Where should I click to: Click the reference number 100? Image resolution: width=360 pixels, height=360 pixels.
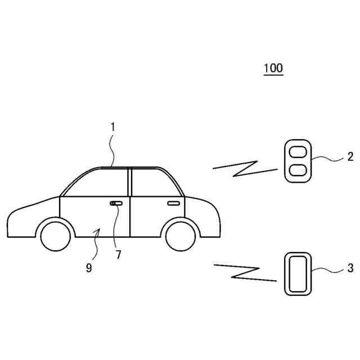(x=273, y=69)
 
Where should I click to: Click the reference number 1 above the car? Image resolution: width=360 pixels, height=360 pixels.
(x=112, y=127)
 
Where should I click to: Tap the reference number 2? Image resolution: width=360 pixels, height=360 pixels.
(x=350, y=156)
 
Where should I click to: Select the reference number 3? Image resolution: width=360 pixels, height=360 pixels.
(x=350, y=268)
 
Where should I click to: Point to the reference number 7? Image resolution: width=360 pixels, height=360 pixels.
(x=118, y=254)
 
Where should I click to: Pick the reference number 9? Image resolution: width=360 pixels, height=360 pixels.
(x=89, y=268)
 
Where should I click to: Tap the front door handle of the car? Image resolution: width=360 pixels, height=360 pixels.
(x=117, y=203)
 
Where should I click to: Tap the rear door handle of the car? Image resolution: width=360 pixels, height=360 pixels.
(x=174, y=202)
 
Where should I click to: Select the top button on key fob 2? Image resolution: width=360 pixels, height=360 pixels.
(x=296, y=151)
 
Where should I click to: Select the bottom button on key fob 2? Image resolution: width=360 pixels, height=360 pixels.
(x=296, y=169)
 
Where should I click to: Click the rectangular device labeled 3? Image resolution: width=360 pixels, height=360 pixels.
(x=296, y=273)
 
